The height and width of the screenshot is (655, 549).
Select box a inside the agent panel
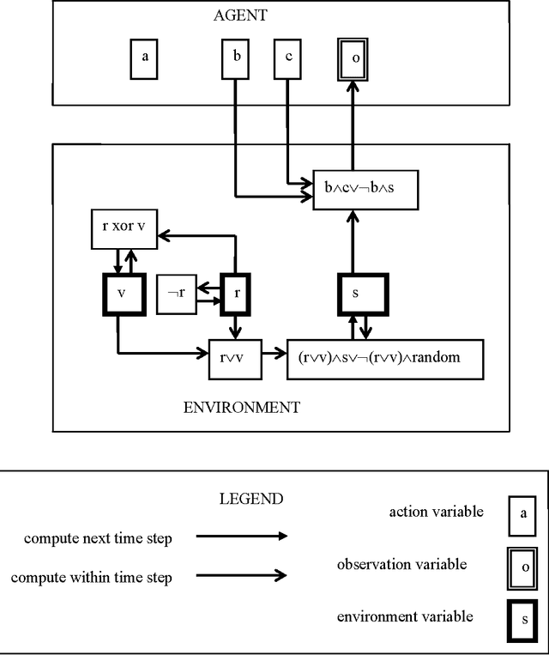144,58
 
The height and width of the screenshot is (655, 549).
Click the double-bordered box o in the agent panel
353,59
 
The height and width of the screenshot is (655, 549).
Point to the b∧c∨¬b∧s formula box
365,188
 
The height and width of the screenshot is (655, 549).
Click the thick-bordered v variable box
122,293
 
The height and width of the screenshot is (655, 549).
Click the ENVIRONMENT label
242,407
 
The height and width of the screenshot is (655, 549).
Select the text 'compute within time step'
91,578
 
